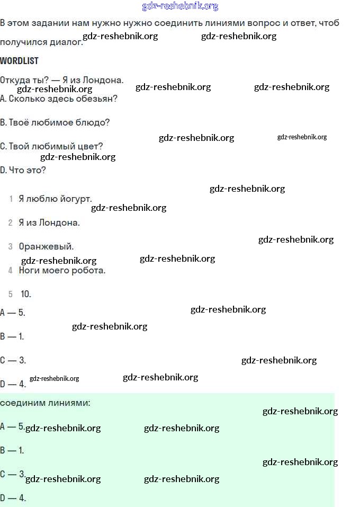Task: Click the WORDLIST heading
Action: click(x=19, y=61)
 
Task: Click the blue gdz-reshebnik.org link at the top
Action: click(x=180, y=6)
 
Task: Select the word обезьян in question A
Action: click(x=100, y=99)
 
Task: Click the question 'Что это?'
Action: click(x=27, y=170)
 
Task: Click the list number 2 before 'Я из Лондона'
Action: click(x=11, y=223)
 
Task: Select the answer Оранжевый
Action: click(x=46, y=247)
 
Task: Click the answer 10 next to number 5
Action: click(x=26, y=294)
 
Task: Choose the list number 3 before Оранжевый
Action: click(x=11, y=247)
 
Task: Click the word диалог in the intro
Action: click(x=68, y=42)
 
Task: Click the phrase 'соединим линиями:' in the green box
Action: click(x=45, y=403)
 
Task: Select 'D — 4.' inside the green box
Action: click(x=13, y=498)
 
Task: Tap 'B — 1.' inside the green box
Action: click(x=12, y=451)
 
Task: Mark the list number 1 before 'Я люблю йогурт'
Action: click(x=11, y=199)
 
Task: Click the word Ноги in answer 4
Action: click(x=28, y=271)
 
